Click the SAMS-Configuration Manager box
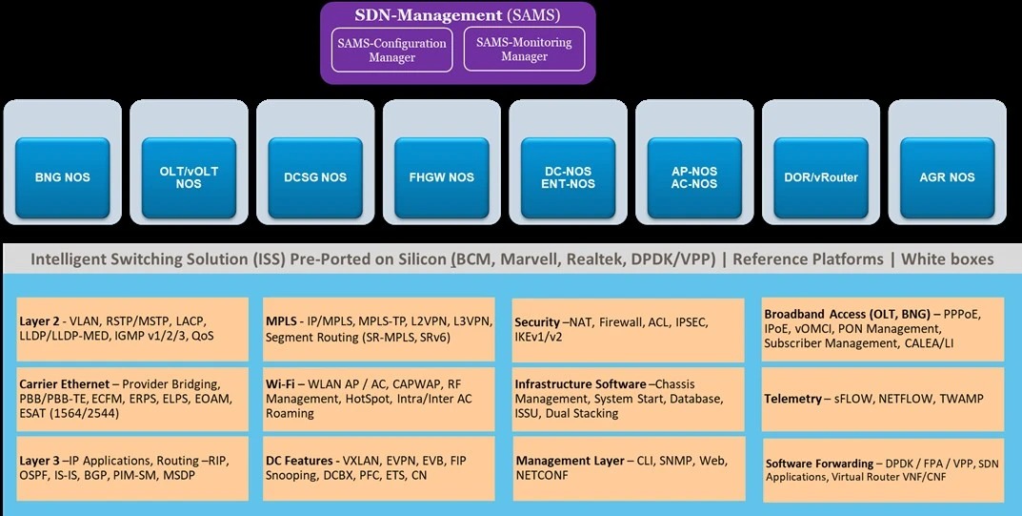(x=392, y=50)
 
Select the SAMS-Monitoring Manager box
(x=524, y=50)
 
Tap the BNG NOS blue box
(x=63, y=176)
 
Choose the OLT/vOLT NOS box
(x=189, y=176)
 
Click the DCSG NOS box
(x=315, y=176)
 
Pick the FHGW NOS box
(x=442, y=176)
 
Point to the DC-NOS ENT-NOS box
(x=569, y=176)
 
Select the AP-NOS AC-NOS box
(x=694, y=176)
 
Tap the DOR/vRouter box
(x=821, y=176)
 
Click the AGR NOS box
(x=948, y=176)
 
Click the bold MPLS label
(x=282, y=321)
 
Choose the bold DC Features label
(x=298, y=460)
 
